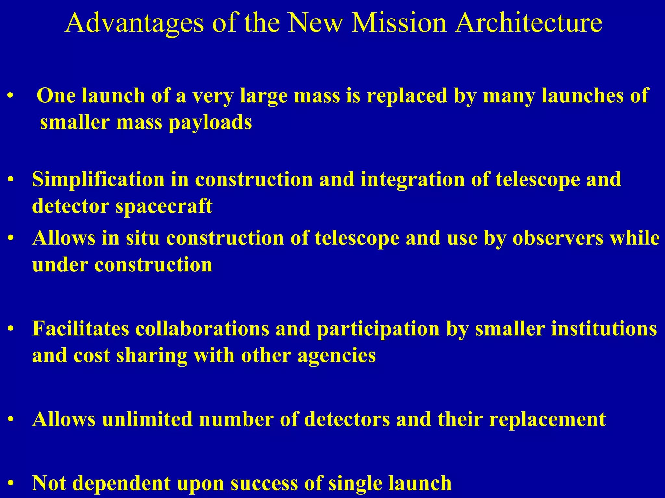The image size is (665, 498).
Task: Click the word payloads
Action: pyautogui.click(x=210, y=123)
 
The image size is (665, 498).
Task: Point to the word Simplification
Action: pyautogui.click(x=98, y=180)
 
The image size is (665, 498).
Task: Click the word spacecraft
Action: pyautogui.click(x=164, y=206)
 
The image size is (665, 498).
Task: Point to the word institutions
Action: pyautogui.click(x=566, y=329)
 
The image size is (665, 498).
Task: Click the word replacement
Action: pyautogui.click(x=547, y=419)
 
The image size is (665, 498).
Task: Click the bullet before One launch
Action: pyautogui.click(x=11, y=96)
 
